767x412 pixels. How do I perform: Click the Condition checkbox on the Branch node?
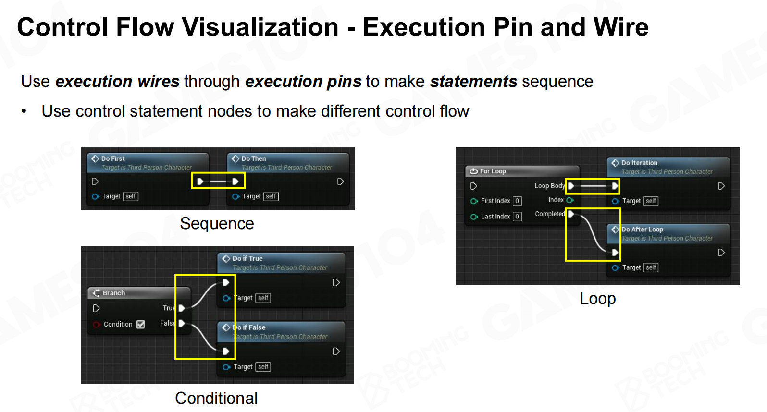click(x=140, y=324)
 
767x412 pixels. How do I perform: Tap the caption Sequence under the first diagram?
click(x=217, y=224)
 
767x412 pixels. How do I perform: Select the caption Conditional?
click(x=216, y=398)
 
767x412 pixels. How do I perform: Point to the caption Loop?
click(x=597, y=298)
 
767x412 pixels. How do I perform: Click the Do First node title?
click(x=113, y=158)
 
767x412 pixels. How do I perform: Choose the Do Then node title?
click(x=254, y=158)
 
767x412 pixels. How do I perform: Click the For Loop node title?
click(x=493, y=171)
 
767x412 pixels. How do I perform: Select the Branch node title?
click(x=114, y=293)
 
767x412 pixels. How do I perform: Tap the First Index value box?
click(x=518, y=201)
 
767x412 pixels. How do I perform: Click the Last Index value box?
click(x=518, y=217)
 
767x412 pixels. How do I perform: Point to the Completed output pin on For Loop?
click(x=571, y=214)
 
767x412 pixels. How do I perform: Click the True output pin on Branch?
click(x=182, y=308)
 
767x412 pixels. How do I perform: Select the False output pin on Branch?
click(x=182, y=323)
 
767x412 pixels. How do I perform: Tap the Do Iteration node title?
click(x=639, y=163)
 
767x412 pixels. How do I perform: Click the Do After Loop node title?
click(x=643, y=229)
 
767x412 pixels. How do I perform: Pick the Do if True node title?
click(x=247, y=258)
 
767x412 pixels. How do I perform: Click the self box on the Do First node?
click(x=130, y=196)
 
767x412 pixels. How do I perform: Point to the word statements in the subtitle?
click(x=473, y=82)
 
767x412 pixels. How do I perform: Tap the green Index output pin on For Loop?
click(x=570, y=200)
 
